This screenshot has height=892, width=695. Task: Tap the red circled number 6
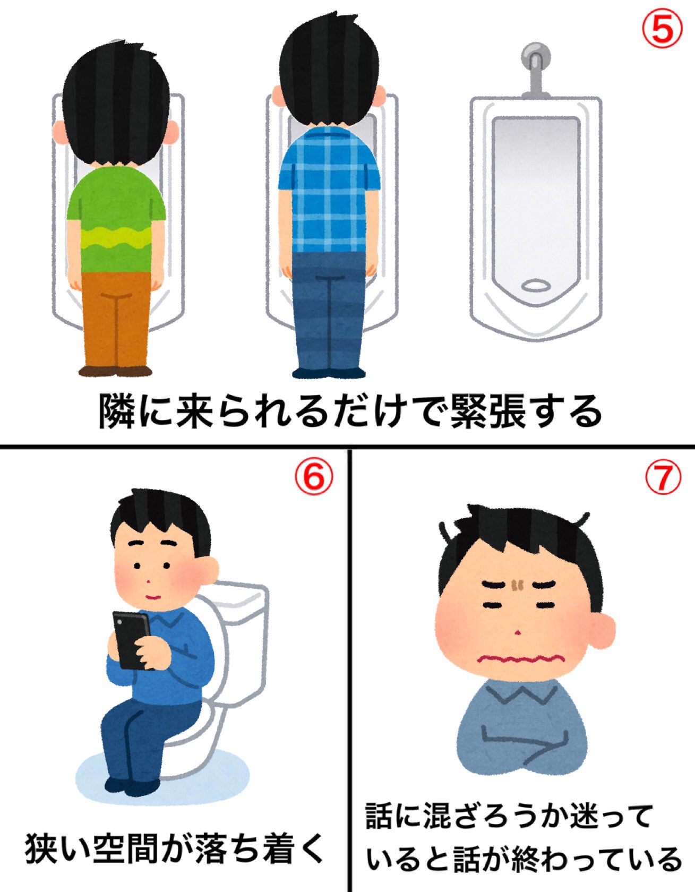(314, 476)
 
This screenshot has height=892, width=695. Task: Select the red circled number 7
(662, 476)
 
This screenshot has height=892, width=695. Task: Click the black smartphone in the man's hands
(131, 640)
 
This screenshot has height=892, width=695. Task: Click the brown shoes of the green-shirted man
(115, 371)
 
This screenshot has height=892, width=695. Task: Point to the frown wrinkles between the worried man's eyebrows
(517, 585)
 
